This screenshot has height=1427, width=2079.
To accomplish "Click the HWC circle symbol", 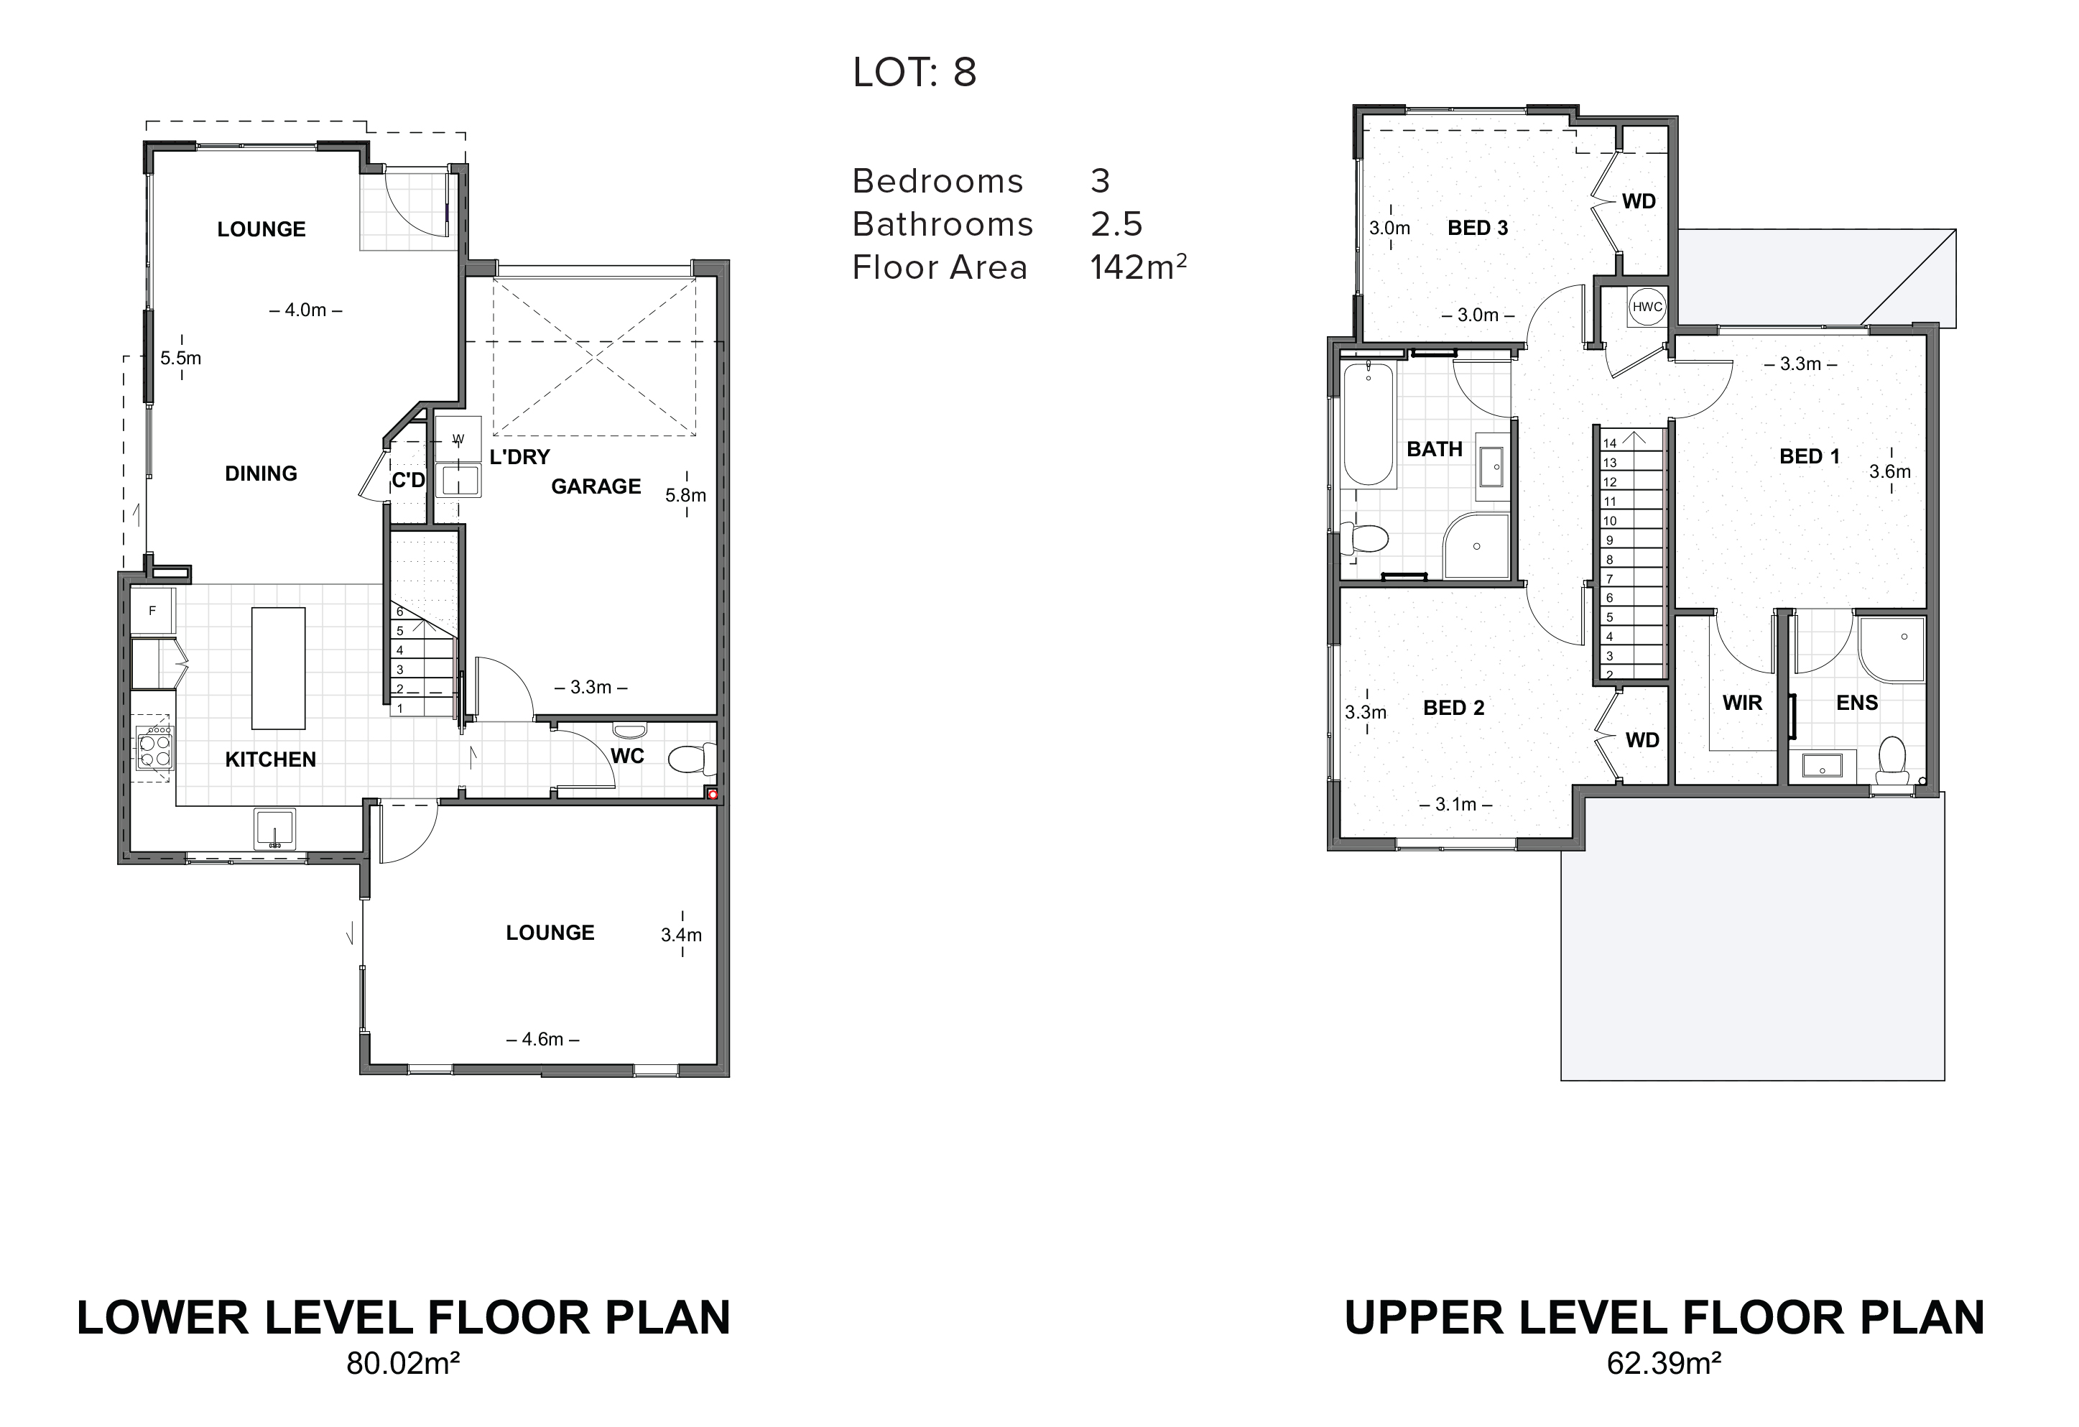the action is (x=1647, y=307).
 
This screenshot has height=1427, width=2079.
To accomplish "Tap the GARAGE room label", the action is (x=596, y=486).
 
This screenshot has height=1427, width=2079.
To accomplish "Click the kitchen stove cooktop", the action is (x=154, y=748).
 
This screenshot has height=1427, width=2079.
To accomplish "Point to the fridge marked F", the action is (x=152, y=611).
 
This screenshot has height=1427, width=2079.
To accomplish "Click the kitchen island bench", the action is (x=278, y=668).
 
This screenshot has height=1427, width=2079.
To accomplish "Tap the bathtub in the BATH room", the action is (x=1368, y=425).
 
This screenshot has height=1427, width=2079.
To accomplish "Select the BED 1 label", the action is (x=1810, y=456).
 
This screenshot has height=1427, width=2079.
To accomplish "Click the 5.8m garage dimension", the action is (x=685, y=495).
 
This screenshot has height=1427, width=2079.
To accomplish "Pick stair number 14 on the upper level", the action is (x=1609, y=443).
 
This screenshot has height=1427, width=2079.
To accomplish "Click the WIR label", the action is (x=1743, y=703).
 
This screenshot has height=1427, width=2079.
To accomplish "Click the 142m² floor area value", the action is (x=1138, y=267).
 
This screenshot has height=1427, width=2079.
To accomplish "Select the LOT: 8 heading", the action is (x=915, y=73).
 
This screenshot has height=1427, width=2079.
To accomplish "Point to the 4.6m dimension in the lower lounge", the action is (x=542, y=1040).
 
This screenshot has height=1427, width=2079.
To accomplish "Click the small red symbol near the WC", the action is (x=713, y=793).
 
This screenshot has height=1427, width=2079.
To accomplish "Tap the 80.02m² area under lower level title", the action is (x=404, y=1388).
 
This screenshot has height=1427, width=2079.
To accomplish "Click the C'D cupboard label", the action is (x=409, y=481).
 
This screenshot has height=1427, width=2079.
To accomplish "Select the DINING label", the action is (x=261, y=474).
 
